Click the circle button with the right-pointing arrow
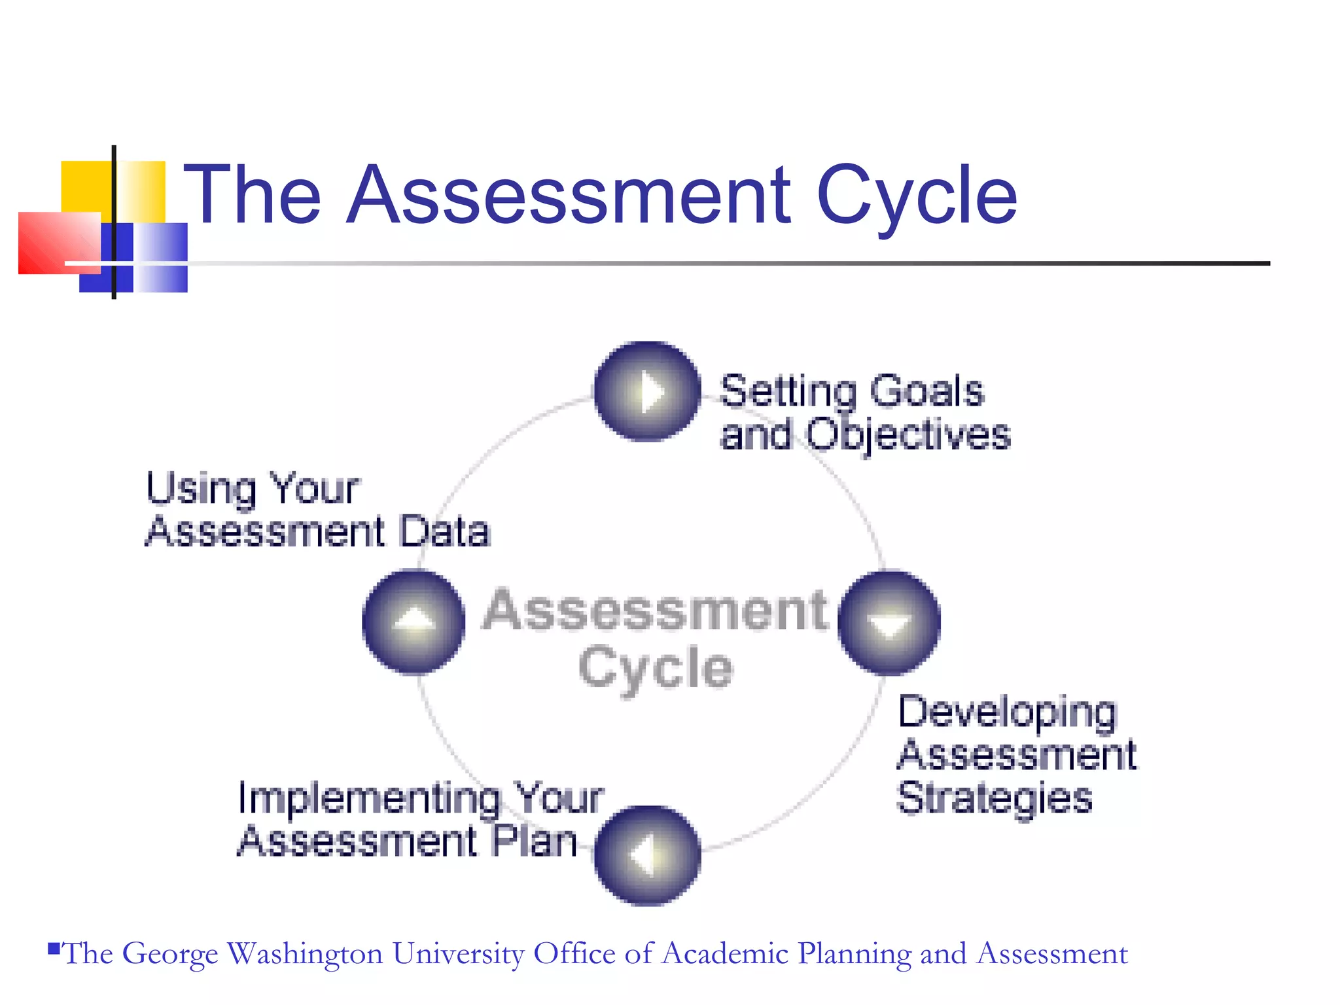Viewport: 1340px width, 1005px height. coord(647,392)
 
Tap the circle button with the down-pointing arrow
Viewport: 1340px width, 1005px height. coord(889,622)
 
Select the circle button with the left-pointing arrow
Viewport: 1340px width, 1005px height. coord(647,855)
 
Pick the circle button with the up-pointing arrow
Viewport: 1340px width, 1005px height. coord(414,622)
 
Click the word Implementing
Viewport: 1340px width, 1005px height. coord(368,800)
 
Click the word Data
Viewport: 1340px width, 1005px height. coord(445,531)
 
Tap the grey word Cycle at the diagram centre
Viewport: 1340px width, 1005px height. coord(656,669)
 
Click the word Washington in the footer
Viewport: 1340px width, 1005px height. coord(305,953)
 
